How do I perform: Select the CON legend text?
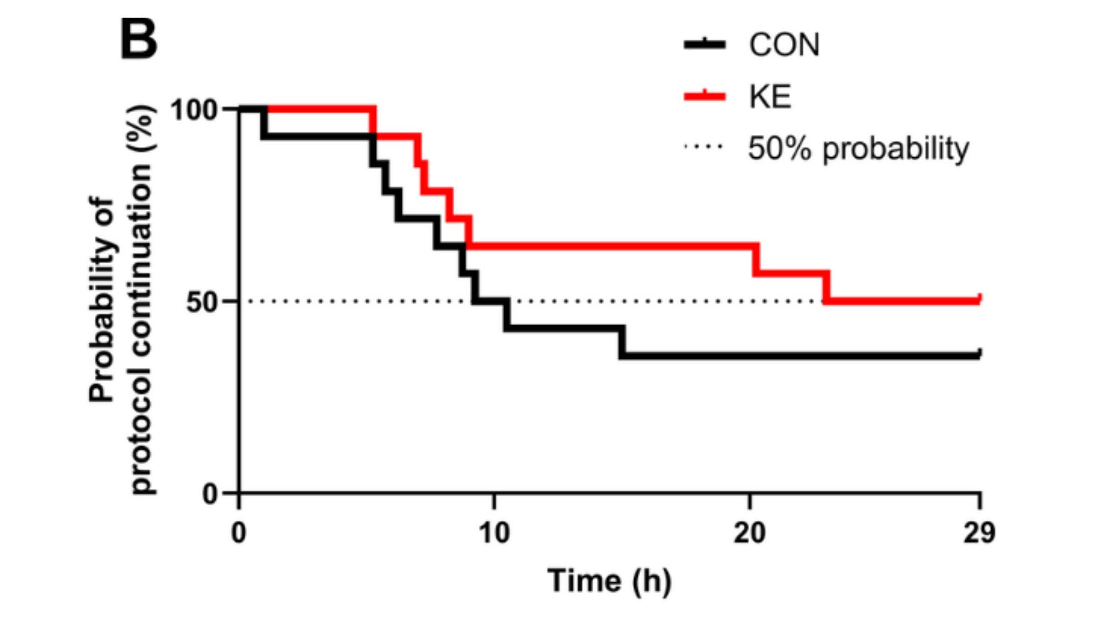click(x=784, y=45)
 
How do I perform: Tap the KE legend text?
click(x=770, y=97)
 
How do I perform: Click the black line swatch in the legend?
click(x=704, y=45)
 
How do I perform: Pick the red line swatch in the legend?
click(x=704, y=96)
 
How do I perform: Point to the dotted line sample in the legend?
click(x=704, y=147)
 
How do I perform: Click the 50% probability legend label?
click(x=858, y=148)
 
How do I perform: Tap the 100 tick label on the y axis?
click(x=194, y=110)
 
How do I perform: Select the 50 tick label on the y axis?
click(x=202, y=302)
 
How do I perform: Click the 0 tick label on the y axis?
click(x=210, y=494)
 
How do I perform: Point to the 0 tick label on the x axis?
click(x=239, y=533)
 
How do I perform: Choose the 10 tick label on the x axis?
click(x=494, y=533)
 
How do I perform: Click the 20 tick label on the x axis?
click(x=750, y=533)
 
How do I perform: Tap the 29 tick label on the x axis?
click(x=979, y=533)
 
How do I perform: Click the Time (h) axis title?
click(x=609, y=581)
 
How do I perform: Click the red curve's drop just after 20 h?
click(x=756, y=260)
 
